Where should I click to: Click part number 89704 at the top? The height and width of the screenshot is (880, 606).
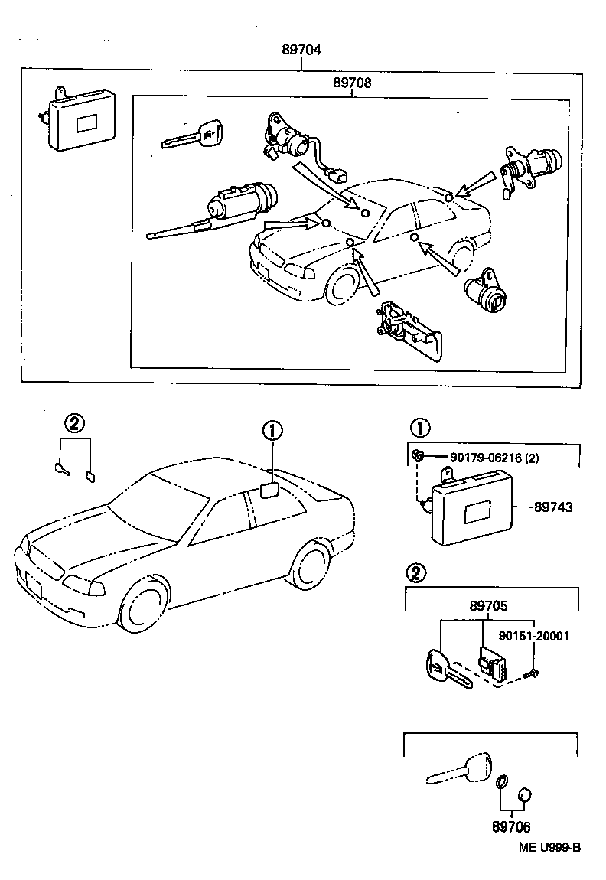301,51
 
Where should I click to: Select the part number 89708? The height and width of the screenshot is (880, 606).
352,83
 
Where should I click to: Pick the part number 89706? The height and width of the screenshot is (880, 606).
511,827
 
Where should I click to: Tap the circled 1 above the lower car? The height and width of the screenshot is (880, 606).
272,431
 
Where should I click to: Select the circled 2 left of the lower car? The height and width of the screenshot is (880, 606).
74,423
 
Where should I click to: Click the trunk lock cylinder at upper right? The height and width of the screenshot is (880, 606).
531,168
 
